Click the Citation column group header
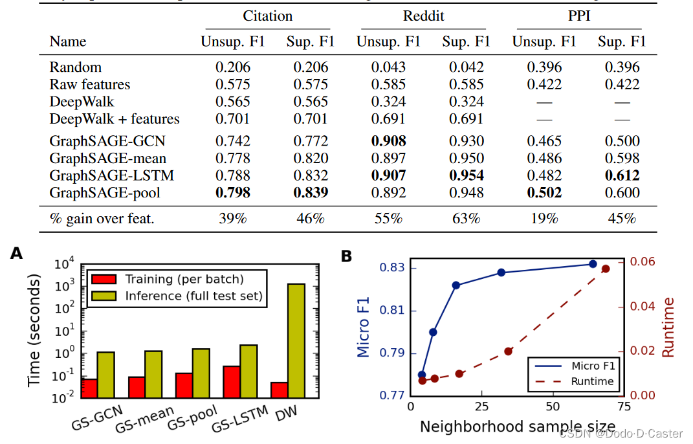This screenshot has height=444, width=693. pos(268,16)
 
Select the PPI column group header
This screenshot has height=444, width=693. pos(580,16)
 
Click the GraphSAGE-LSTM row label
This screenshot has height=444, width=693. pos(112,175)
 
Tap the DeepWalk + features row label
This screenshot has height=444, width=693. pos(115,119)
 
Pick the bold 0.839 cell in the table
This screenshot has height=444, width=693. pos(311,193)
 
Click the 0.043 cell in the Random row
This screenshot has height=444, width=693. pos(388,67)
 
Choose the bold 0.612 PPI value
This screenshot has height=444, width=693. pos(622,175)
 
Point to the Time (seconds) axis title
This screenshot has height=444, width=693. pos(34,330)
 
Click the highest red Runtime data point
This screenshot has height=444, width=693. pos(606,269)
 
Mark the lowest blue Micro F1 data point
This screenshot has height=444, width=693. pos(422,375)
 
